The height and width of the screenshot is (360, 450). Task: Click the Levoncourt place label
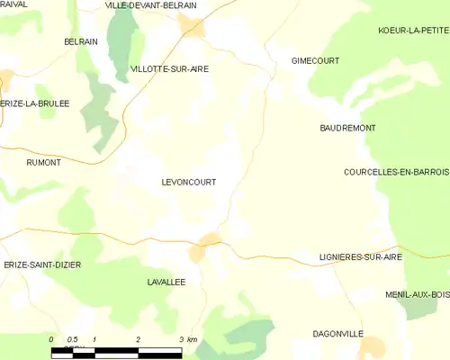coord(188,182)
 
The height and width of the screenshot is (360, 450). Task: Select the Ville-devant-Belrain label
coord(150,5)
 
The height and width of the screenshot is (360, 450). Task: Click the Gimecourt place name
coord(314,60)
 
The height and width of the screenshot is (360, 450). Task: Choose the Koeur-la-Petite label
coord(414,31)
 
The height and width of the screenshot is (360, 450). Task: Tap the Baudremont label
coord(347,129)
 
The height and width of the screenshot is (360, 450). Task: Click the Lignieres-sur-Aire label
coord(360,256)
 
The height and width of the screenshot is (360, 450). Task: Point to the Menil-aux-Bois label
coord(416,293)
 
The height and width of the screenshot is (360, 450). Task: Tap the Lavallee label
coord(166,282)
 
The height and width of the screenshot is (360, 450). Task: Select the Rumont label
coord(44,162)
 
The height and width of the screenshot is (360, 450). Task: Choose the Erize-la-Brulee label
coord(35,103)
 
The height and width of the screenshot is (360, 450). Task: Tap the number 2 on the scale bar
coord(138,339)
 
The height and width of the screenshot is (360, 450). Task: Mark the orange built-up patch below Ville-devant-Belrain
coord(191,25)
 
